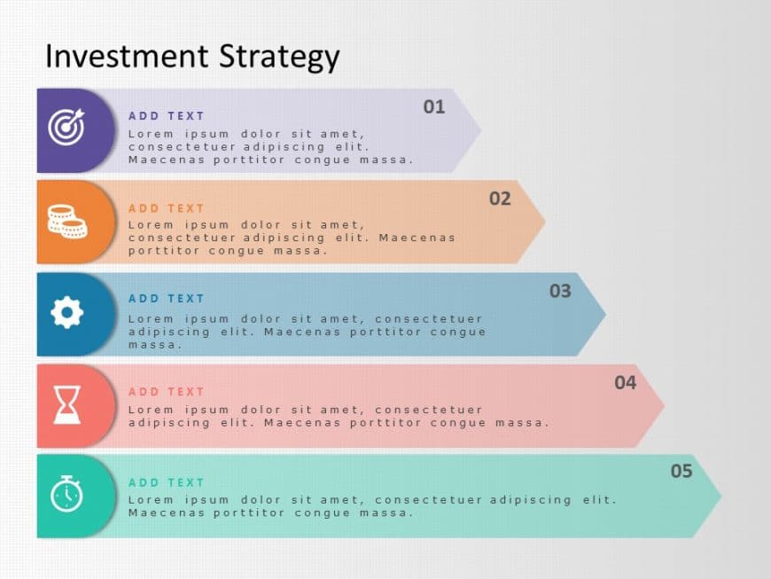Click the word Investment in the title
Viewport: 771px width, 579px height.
[x=113, y=56]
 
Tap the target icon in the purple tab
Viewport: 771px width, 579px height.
[x=66, y=127]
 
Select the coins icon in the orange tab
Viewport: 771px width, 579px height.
[x=67, y=221]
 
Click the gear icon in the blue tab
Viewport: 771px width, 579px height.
[x=67, y=312]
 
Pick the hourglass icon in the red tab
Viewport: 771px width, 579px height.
[x=66, y=404]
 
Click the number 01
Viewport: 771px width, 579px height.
[x=433, y=107]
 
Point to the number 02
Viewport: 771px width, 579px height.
[x=500, y=199]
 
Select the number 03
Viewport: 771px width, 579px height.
[x=560, y=291]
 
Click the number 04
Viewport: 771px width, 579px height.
[x=626, y=383]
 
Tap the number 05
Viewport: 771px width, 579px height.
[x=681, y=472]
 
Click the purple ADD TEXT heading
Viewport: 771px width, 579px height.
[x=167, y=116]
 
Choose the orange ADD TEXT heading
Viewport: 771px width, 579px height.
[x=167, y=208]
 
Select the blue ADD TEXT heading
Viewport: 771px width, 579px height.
[x=167, y=299]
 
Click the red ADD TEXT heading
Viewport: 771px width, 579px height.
[x=167, y=392]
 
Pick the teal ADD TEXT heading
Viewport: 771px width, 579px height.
[x=167, y=483]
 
